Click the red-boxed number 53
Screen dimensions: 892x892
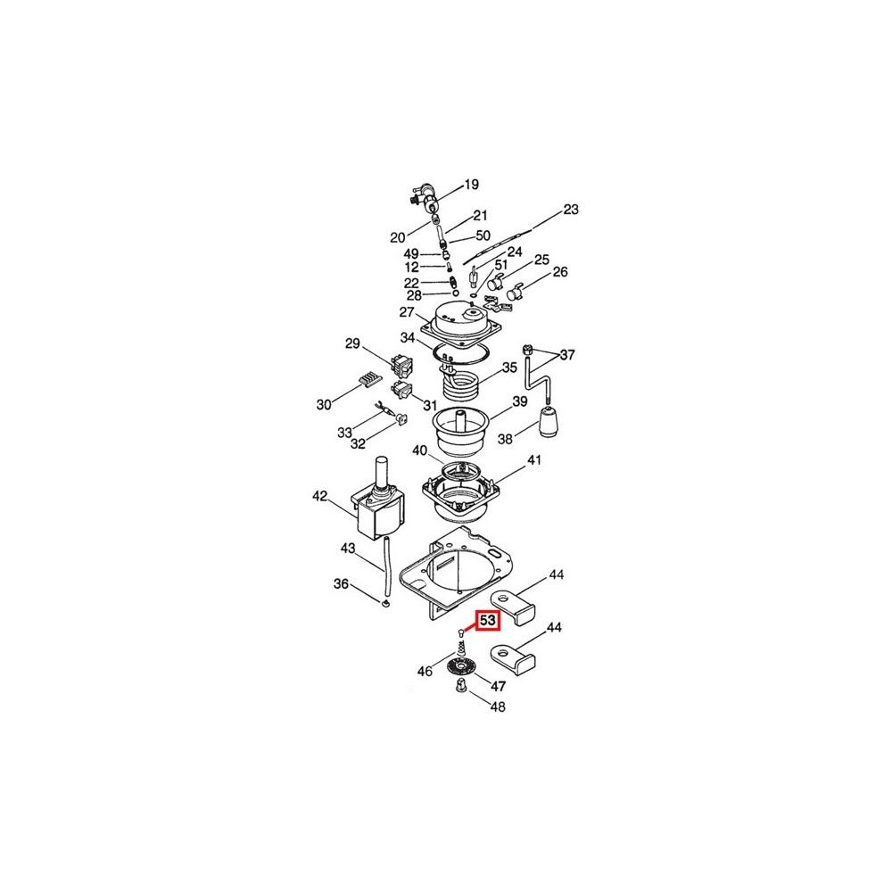pos(488,620)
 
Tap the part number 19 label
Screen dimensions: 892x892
pos(472,185)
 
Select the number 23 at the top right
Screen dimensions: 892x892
pos(571,210)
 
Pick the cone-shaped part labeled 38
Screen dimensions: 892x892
pos(549,422)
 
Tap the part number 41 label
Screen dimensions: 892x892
pos(534,459)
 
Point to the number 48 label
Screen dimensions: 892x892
pos(498,706)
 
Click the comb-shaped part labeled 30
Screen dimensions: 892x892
pos(369,379)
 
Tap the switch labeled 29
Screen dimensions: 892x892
pos(401,365)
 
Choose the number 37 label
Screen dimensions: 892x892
pos(567,355)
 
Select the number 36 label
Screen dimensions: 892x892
pos(341,584)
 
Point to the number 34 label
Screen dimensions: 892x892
pos(408,338)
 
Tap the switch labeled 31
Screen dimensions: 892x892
pos(402,391)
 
